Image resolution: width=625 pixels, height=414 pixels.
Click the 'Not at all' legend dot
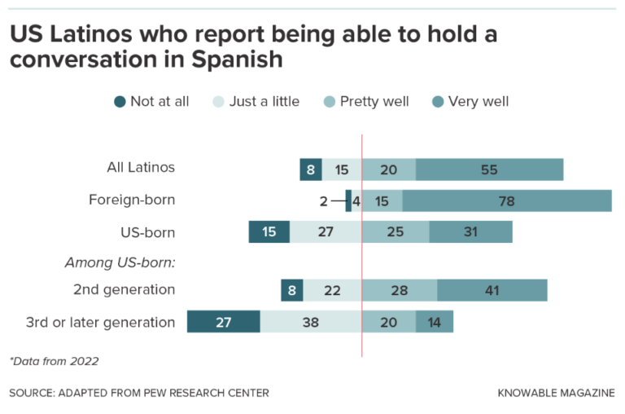tap(120, 102)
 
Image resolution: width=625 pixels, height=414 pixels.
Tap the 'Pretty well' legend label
tap(374, 102)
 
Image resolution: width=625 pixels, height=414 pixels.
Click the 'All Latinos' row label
tap(142, 168)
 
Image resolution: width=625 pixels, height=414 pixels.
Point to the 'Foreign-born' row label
tap(132, 200)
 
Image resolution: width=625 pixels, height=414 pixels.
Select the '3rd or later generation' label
tap(100, 322)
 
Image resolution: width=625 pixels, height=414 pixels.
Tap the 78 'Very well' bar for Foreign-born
tap(506, 201)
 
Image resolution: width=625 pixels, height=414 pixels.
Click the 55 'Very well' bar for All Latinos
tap(489, 170)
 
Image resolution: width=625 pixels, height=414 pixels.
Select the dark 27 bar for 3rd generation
tap(223, 322)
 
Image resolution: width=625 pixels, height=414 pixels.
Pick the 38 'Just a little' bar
tap(311, 322)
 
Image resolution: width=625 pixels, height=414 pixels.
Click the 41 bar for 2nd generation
tap(492, 290)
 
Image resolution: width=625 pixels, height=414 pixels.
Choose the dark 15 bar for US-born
tap(269, 232)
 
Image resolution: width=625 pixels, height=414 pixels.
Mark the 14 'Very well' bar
tap(435, 322)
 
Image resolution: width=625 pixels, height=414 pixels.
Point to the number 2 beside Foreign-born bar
tap(323, 201)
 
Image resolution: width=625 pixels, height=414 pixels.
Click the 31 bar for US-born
tap(470, 232)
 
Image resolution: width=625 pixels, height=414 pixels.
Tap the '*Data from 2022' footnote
tap(54, 360)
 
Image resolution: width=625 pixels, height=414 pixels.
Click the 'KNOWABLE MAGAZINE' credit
tap(556, 393)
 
